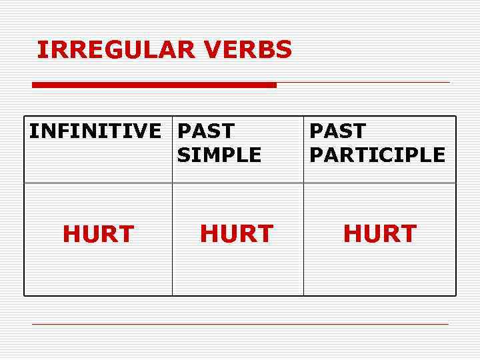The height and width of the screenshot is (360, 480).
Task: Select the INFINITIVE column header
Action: pos(95,131)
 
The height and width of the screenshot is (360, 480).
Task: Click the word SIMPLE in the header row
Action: pos(219,155)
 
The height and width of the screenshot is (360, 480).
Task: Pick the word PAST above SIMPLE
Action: pos(206,131)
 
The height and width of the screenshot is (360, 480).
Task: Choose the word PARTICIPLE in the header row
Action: pos(377,155)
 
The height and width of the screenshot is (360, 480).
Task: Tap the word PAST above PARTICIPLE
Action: pos(338,131)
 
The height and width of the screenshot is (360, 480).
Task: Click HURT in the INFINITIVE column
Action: pos(99,234)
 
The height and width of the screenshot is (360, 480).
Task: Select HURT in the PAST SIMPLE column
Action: pos(237,234)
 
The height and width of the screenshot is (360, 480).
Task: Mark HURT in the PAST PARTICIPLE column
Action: pos(380,234)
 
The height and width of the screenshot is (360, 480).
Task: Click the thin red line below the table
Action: pos(240,325)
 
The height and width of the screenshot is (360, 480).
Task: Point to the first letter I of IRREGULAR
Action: pos(41,49)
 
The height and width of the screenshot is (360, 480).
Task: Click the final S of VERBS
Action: pos(284,49)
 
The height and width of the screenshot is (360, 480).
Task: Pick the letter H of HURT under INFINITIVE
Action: pos(71,234)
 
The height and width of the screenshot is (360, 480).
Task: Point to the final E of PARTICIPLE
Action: pos(438,155)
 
